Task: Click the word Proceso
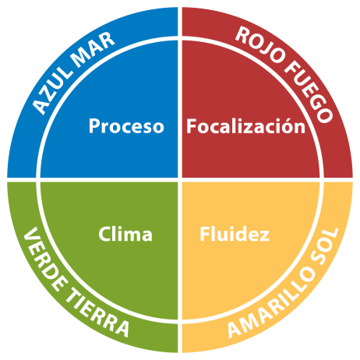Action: (126, 126)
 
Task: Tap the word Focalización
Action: (245, 126)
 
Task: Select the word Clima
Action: (125, 234)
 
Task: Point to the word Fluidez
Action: (235, 234)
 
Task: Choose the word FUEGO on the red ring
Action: (309, 93)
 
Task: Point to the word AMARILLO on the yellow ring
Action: (272, 303)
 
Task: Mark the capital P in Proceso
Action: (94, 126)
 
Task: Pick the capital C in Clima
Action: (104, 234)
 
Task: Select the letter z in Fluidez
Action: (264, 236)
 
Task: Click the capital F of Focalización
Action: (192, 126)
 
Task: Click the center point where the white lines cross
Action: (180, 180)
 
